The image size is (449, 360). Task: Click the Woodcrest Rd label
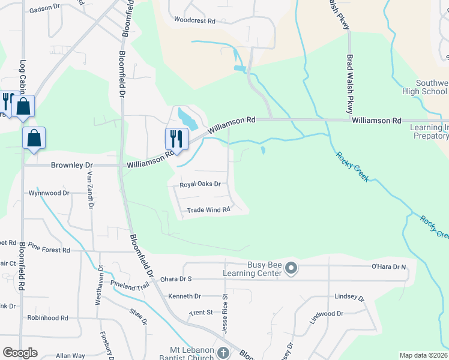coord(194,20)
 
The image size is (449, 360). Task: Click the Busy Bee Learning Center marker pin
coord(291,268)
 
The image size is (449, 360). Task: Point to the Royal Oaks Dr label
coord(200,185)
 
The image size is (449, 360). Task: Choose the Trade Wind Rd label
coord(208,210)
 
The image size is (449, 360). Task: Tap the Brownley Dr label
coord(73,164)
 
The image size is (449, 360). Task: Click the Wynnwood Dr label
coord(49,193)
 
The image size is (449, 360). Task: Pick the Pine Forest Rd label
coord(49,249)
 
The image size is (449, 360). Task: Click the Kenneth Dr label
coord(184,296)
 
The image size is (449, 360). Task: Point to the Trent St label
coord(201,313)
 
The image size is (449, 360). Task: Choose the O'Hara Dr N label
coord(389,266)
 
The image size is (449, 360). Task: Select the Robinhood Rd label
coord(47,317)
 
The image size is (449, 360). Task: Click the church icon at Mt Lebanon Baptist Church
coord(223,353)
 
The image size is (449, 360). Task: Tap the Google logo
coord(20,353)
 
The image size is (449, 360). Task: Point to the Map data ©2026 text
coord(423,355)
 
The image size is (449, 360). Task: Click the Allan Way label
coord(70,356)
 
